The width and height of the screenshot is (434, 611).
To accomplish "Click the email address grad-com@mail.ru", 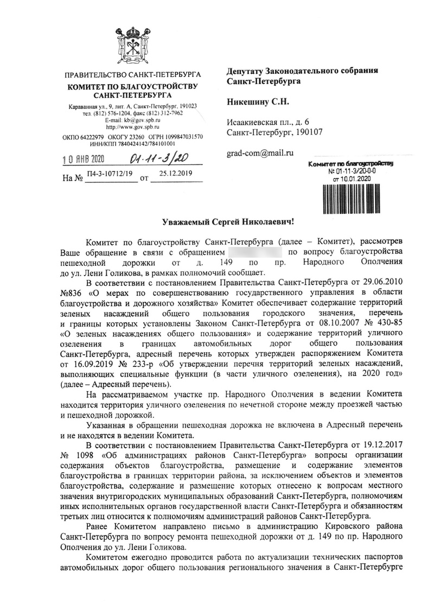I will point(259,154).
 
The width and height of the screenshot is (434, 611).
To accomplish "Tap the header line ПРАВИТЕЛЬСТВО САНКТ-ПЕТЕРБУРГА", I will point(132,74).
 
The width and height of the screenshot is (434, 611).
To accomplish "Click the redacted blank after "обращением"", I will point(255,253).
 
